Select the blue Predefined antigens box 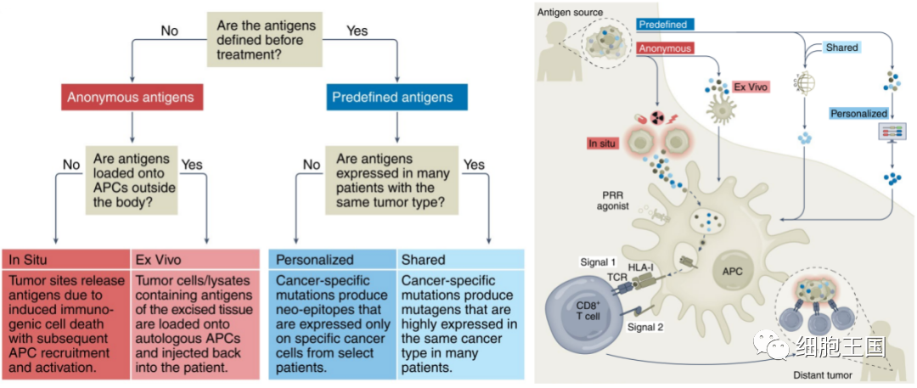[x=397, y=97]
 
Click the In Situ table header [x=65, y=259]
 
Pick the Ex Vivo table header [x=194, y=259]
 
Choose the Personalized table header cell [x=332, y=259]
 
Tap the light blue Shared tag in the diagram [x=841, y=48]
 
